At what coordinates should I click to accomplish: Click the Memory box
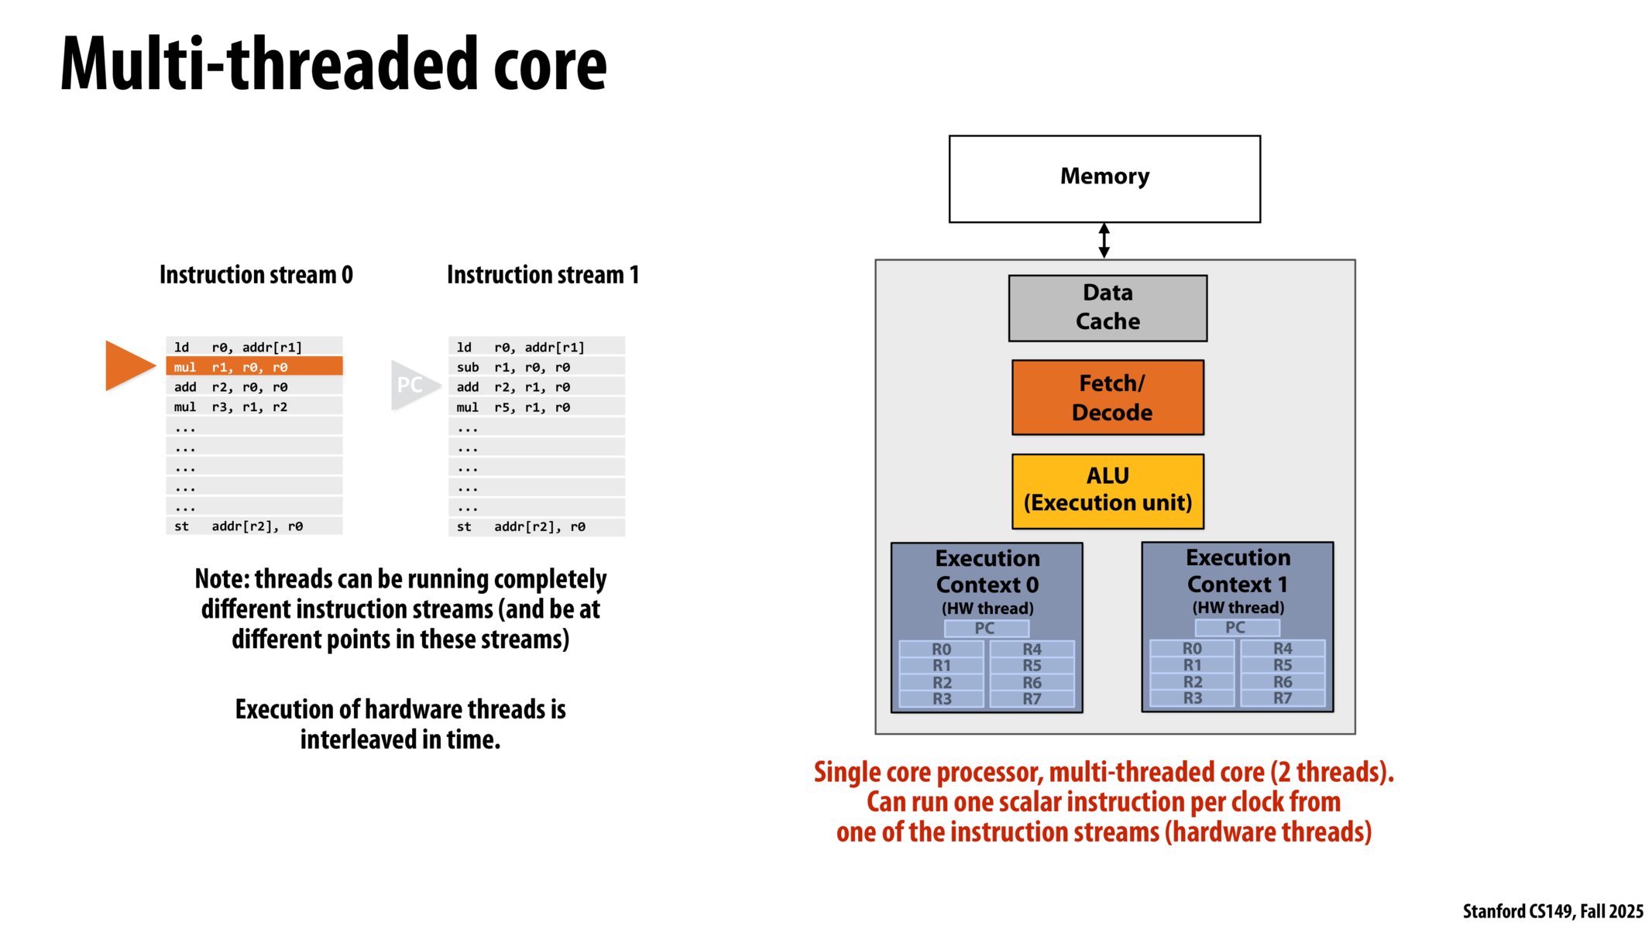coord(1104,179)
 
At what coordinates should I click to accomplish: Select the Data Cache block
coord(1107,308)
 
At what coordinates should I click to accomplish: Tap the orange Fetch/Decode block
coord(1107,397)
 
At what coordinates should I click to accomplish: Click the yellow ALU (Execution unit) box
coord(1107,491)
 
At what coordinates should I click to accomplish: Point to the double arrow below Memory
coord(1104,241)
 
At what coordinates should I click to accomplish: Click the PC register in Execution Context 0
coord(985,629)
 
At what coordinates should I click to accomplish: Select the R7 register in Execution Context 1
coord(1282,698)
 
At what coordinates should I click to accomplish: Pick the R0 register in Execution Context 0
coord(941,649)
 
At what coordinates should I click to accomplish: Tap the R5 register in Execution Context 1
coord(1282,665)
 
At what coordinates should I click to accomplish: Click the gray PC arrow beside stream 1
coord(412,385)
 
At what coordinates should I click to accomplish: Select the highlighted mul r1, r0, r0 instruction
coord(254,367)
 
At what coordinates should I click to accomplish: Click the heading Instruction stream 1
coord(542,275)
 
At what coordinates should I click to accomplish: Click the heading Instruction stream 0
coord(256,275)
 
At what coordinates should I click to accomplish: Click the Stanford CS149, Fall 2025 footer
coord(1552,911)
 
